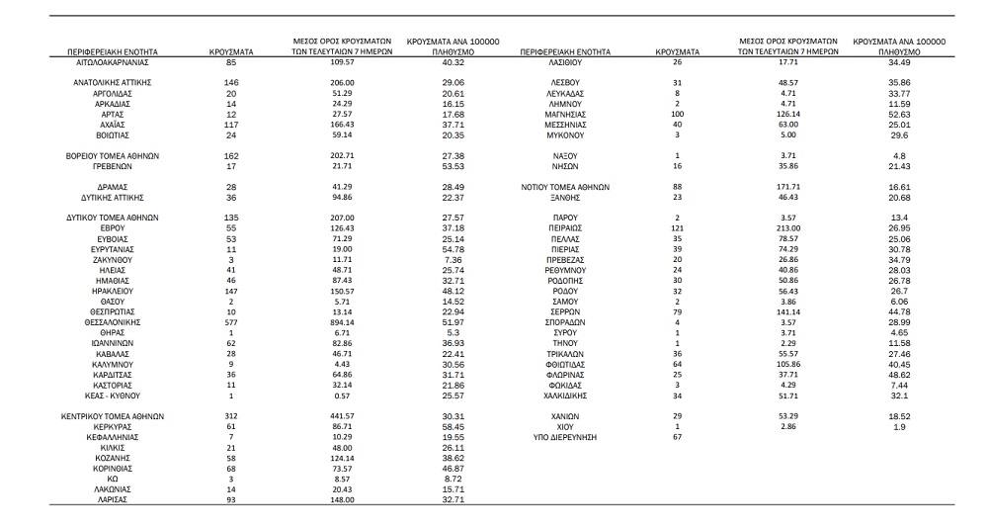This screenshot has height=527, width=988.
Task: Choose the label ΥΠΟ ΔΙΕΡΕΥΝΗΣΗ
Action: pyautogui.click(x=566, y=436)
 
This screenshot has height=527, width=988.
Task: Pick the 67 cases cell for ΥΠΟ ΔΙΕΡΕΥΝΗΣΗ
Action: pyautogui.click(x=677, y=436)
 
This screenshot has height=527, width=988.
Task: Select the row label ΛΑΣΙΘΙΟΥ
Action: pyautogui.click(x=566, y=62)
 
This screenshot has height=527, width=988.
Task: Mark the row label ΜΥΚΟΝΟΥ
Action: pyautogui.click(x=566, y=134)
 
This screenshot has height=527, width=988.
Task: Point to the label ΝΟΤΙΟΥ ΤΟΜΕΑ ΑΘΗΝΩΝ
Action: pyautogui.click(x=566, y=187)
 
